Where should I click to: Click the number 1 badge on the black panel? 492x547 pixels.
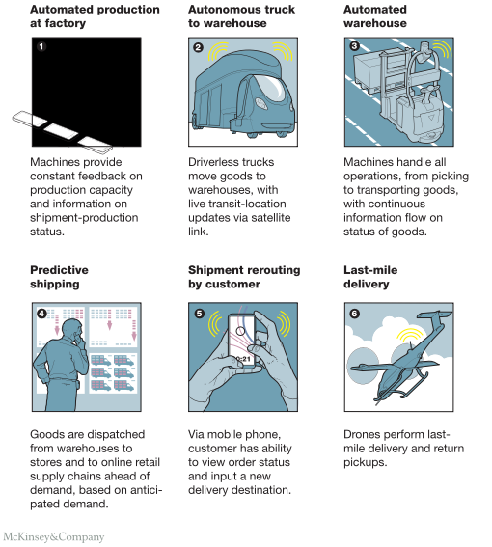pyautogui.click(x=41, y=46)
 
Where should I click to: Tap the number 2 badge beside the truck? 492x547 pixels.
pyautogui.click(x=198, y=46)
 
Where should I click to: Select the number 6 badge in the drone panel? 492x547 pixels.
pyautogui.click(x=354, y=314)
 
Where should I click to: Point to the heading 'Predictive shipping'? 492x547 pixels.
pyautogui.click(x=59, y=277)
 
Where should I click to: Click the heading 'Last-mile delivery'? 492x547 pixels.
pyautogui.click(x=370, y=277)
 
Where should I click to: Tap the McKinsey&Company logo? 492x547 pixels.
pyautogui.click(x=54, y=537)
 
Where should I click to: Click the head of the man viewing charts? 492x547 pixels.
pyautogui.click(x=72, y=331)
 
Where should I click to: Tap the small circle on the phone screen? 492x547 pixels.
pyautogui.click(x=240, y=330)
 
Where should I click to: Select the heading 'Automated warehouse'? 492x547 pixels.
pyautogui.click(x=375, y=16)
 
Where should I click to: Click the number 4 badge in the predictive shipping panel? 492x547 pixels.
pyautogui.click(x=41, y=314)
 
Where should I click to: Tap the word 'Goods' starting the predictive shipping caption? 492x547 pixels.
pyautogui.click(x=45, y=434)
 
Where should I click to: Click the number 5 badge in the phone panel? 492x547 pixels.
pyautogui.click(x=199, y=314)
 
